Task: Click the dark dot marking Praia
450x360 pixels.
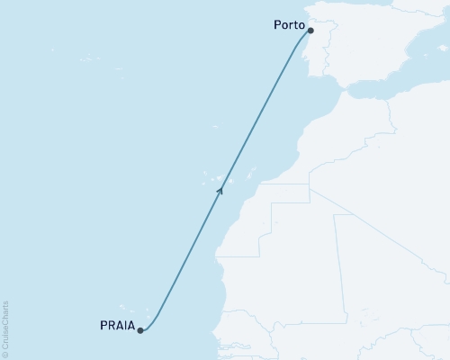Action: coord(140,330)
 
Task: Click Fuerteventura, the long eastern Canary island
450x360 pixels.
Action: coord(253,173)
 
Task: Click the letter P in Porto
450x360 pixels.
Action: coord(275,26)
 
